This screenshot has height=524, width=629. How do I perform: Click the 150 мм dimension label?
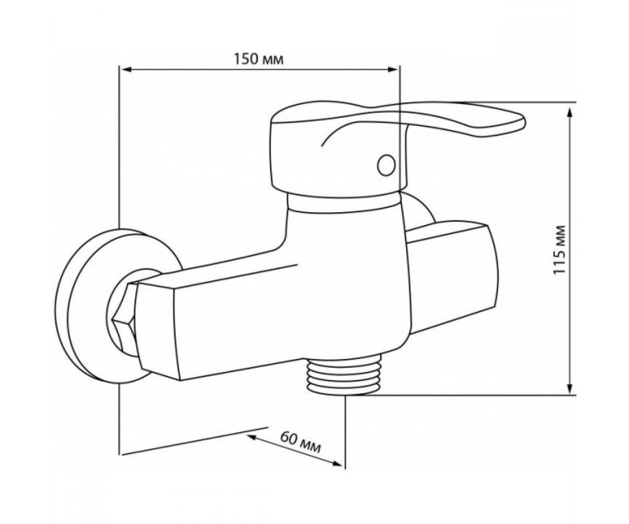tap(259, 59)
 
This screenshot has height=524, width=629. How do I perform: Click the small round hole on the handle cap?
tap(386, 165)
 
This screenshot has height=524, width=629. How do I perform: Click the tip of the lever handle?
tap(525, 122)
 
